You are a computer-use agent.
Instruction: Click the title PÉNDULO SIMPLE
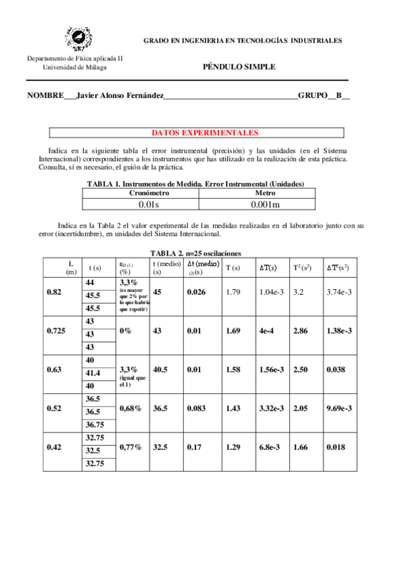[x=239, y=67]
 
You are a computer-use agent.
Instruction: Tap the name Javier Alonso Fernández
[x=120, y=96]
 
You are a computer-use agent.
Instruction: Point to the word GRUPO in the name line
[x=312, y=96]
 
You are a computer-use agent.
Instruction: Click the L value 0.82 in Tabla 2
[x=55, y=291]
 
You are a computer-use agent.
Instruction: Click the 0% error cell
[x=125, y=331]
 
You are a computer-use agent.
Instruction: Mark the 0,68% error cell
[x=130, y=409]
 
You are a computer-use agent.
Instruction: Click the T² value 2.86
[x=301, y=331]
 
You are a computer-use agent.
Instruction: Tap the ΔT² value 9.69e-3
[x=340, y=409]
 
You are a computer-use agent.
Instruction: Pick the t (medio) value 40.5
[x=161, y=370]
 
